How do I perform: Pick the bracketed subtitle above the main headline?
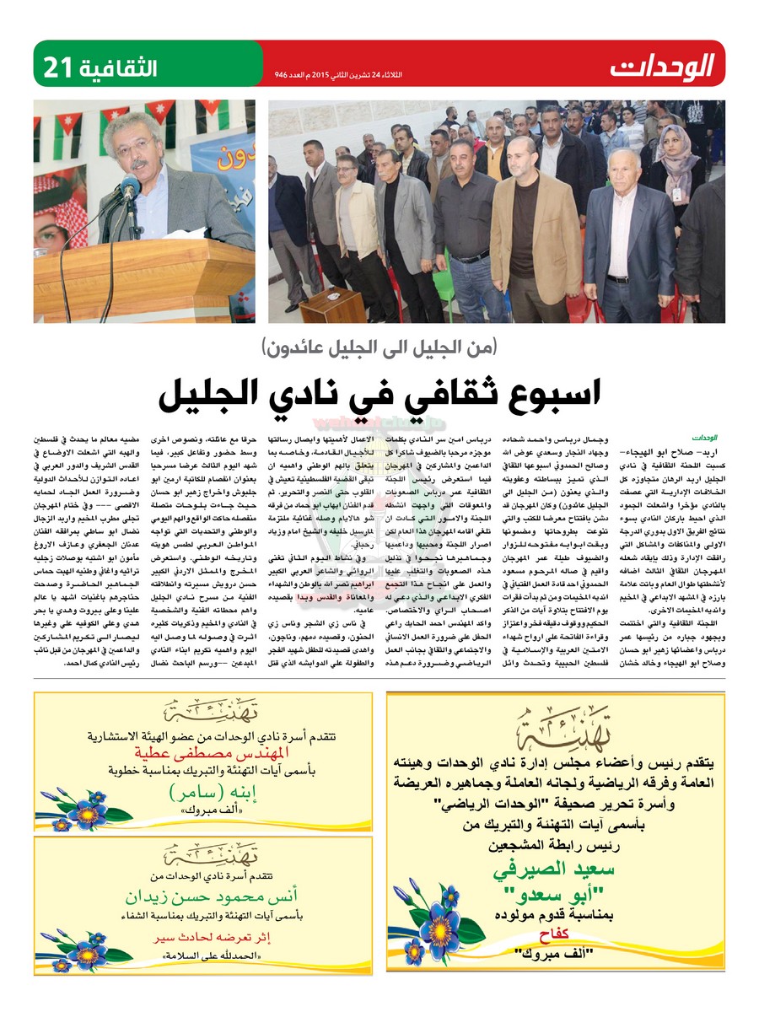coord(379,347)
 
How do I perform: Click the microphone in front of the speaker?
coord(129,191)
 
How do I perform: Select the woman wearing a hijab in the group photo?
coord(675,160)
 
